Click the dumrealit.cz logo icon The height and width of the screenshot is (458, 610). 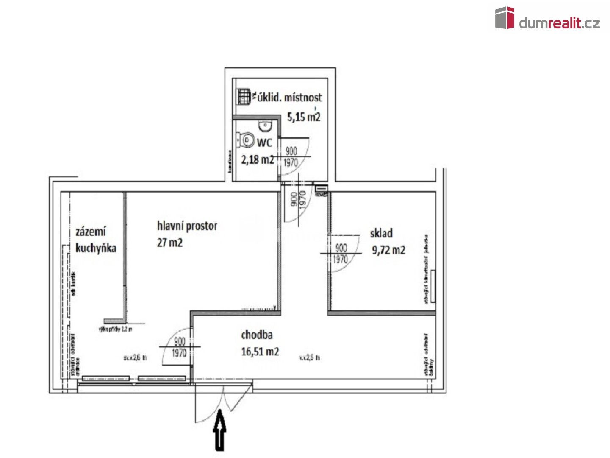pos(505,18)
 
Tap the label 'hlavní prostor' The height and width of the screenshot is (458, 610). pos(187,226)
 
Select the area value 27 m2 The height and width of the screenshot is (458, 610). pos(169,243)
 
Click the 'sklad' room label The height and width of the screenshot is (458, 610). pos(381,233)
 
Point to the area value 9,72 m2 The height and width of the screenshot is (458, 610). pos(388,250)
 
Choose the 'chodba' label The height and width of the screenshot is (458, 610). pos(257,335)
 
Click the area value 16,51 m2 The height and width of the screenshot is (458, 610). pos(260,352)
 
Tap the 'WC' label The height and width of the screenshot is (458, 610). pos(264,142)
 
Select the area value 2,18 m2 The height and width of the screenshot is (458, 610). pos(258,160)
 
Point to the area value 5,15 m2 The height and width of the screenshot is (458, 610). pos(304,117)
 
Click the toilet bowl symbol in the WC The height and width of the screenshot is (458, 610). pos(246,140)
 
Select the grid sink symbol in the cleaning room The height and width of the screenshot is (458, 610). pos(244,96)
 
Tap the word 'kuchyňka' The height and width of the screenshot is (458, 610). pos(96,248)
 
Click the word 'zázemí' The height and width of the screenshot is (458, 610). pos(91,232)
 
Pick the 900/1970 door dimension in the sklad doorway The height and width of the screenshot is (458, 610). pos(341,253)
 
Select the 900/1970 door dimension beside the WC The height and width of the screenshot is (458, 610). pos(291,156)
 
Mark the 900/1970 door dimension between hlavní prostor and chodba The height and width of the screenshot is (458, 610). pos(180,347)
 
